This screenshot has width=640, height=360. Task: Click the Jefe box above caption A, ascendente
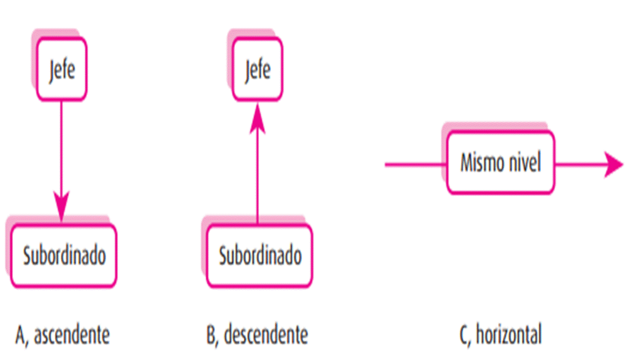pos(62,69)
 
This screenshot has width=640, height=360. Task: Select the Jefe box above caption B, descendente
pos(257,69)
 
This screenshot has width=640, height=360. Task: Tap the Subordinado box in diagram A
pos(64,256)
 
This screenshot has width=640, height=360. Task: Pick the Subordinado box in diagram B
pos(260,256)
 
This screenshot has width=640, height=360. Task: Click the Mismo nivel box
pos(500,163)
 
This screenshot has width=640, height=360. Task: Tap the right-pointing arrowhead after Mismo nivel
pos(613,164)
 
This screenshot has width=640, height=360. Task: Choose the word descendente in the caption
pos(266,335)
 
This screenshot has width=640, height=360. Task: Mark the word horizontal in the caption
pos(508,335)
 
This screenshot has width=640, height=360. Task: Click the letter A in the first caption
pos(21,335)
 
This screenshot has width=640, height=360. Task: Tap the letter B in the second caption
pos(211,335)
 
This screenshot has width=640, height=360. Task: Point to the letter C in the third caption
pos(464,335)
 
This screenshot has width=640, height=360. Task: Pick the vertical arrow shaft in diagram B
pos(257,175)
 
